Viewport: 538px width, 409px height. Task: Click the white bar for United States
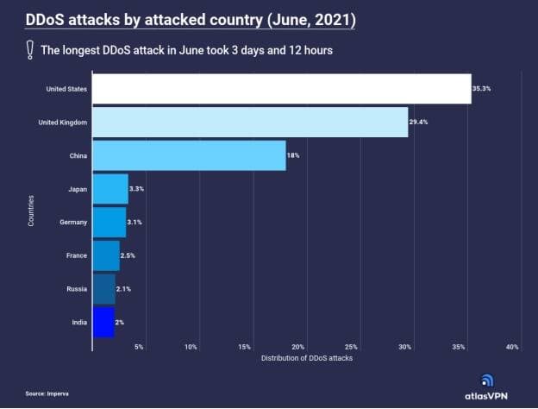click(281, 89)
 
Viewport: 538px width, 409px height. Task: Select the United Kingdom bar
click(249, 122)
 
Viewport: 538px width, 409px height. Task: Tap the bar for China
click(188, 155)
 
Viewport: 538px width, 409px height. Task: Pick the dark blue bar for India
click(103, 322)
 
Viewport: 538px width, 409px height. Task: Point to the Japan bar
click(109, 188)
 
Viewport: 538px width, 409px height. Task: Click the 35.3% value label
click(482, 89)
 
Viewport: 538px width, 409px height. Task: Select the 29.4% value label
click(419, 122)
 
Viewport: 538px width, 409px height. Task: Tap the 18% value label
click(293, 155)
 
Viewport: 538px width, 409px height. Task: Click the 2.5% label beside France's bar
click(128, 255)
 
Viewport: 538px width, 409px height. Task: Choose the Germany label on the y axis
click(73, 222)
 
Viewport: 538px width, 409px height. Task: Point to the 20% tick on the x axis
click(298, 347)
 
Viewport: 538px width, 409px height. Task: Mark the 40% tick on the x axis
click(512, 347)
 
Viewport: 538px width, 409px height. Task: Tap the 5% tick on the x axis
click(139, 347)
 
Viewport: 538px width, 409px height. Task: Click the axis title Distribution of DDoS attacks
click(306, 357)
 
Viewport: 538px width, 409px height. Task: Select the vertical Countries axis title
click(31, 211)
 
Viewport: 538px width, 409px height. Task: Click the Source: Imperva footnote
click(47, 393)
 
